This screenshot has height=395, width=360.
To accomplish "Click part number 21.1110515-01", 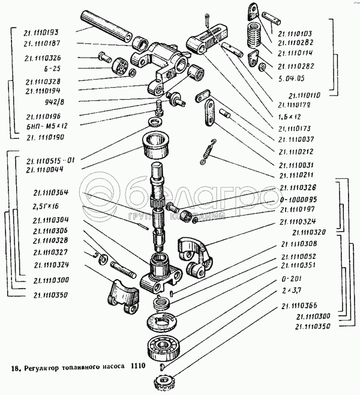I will [52, 160].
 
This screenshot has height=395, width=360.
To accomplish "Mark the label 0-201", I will [289, 279].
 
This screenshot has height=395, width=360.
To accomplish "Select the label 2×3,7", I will [290, 291].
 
